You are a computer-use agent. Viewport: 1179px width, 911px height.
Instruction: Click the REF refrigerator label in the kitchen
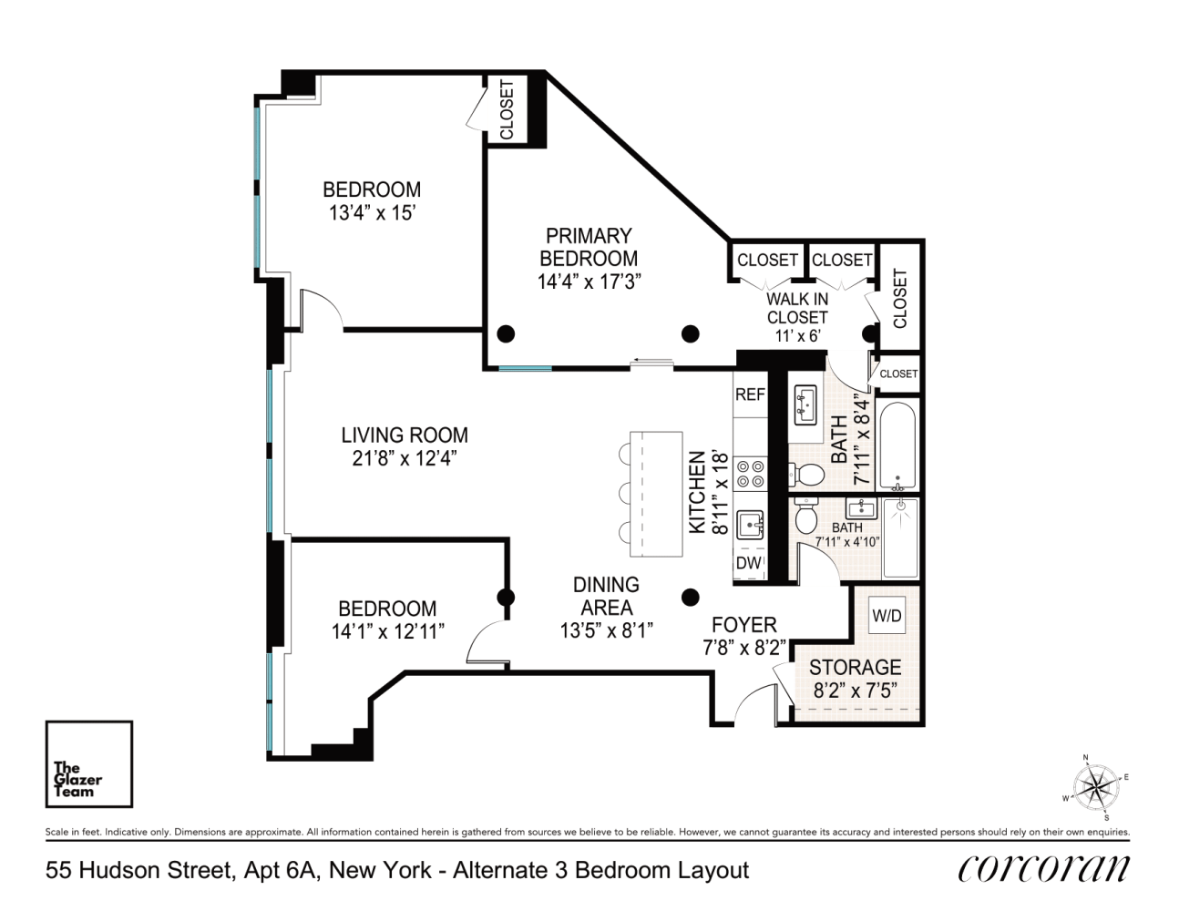coord(750,394)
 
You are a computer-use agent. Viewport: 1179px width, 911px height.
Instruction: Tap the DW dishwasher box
coord(749,564)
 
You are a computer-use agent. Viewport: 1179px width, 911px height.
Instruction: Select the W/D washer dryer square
coord(887,616)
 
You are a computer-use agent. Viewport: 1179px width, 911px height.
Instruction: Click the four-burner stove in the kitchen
coord(751,475)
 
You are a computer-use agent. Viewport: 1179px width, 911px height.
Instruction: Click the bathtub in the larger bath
coord(897,445)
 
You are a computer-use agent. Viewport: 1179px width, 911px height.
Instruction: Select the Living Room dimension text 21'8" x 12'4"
coord(405,459)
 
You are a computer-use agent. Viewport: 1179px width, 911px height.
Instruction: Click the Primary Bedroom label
coord(589,247)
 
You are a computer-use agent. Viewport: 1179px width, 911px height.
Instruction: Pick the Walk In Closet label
coord(797,308)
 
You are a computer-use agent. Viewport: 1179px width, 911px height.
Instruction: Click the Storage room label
coord(855,667)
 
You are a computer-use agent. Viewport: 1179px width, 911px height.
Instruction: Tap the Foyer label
coord(743,625)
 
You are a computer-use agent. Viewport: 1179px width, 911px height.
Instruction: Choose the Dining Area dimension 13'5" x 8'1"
coord(606,630)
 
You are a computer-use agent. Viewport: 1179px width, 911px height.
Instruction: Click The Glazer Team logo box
coord(89,764)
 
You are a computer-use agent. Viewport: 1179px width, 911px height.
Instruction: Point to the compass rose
coord(1095,786)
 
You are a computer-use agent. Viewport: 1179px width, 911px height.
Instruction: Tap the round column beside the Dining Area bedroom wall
coord(506,598)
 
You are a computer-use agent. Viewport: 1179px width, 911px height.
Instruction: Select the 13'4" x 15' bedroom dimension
coord(373,213)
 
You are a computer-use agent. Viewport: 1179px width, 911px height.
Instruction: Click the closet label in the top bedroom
coord(507,109)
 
